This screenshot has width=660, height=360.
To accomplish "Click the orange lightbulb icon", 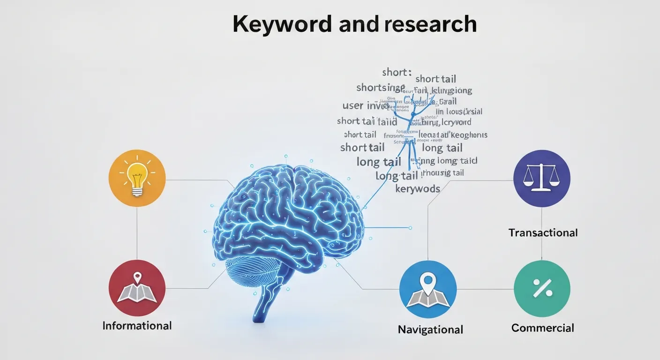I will (x=137, y=178).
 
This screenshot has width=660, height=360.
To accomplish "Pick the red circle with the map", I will (x=137, y=288).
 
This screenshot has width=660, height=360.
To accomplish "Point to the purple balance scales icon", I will (x=541, y=178).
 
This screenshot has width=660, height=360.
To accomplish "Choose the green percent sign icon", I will (x=541, y=289).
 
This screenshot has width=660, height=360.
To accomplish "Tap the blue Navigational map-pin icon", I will (x=427, y=289).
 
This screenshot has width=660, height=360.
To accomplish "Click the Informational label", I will (x=137, y=325).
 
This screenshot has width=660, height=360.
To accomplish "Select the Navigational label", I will (x=430, y=330).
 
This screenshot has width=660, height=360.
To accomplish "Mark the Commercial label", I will (x=542, y=328).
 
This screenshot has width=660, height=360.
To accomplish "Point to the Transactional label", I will (x=543, y=232).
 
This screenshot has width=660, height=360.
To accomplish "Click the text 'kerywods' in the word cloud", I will (x=418, y=189).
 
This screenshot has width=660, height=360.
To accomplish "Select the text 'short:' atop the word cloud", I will (x=397, y=72).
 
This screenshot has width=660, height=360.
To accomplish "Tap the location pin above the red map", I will (x=137, y=277).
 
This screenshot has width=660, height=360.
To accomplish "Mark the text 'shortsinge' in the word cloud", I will (x=380, y=88).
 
